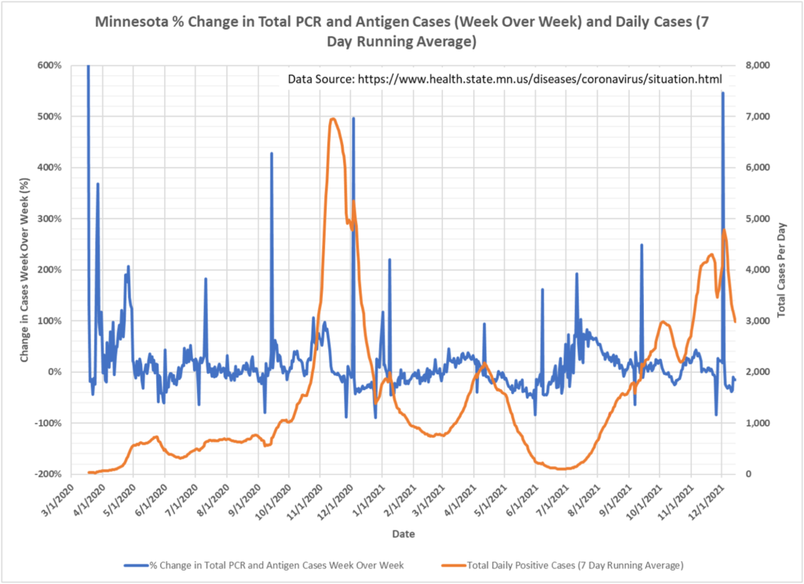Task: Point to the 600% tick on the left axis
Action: (x=49, y=65)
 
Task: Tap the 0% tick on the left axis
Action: (x=55, y=372)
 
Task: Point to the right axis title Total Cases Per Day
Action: (x=782, y=269)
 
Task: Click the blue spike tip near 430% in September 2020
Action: (x=272, y=153)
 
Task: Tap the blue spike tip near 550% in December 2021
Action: (x=722, y=93)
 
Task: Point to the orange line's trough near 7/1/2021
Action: (x=559, y=469)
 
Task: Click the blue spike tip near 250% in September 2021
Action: (x=641, y=244)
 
